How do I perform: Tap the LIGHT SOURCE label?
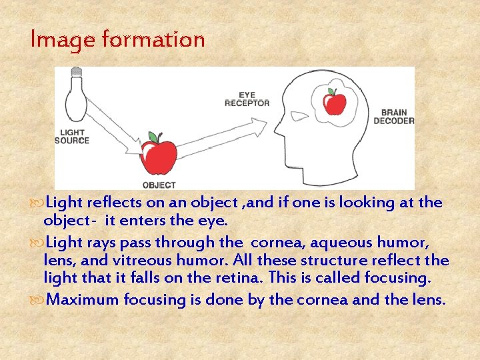71,137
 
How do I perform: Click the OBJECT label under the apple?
159,185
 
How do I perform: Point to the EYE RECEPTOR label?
247,99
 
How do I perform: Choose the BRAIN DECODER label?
393,117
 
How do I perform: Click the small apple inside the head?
334,103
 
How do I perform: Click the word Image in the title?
63,39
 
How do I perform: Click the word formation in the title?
153,39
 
